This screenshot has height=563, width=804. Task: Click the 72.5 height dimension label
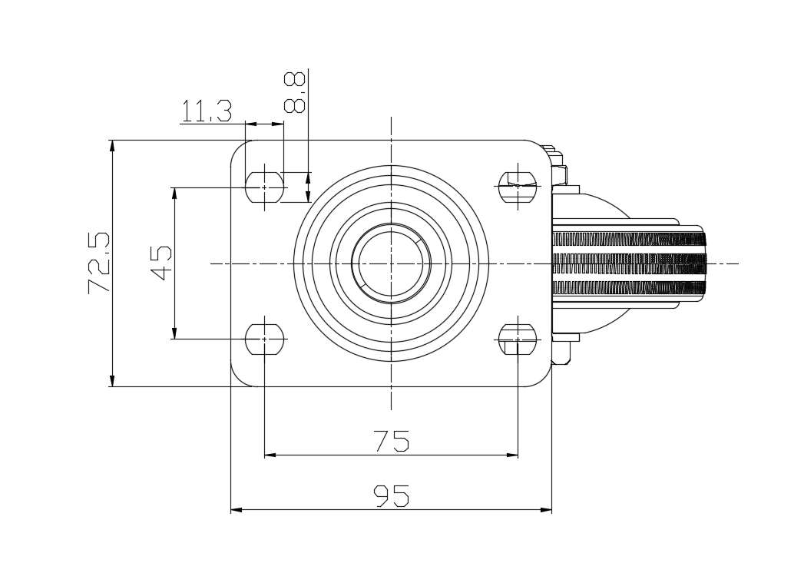click(99, 263)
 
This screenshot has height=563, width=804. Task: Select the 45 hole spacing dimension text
click(161, 263)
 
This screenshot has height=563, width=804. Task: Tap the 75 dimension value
click(392, 441)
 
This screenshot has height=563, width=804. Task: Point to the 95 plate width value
click(391, 496)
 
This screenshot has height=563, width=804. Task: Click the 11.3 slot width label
click(207, 111)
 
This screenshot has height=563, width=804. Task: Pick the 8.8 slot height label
click(295, 91)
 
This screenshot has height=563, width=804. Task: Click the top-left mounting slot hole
click(265, 187)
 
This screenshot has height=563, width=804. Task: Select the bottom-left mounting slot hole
click(265, 339)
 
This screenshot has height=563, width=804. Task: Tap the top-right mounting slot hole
click(518, 187)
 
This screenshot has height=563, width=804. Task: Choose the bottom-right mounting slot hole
click(518, 339)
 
